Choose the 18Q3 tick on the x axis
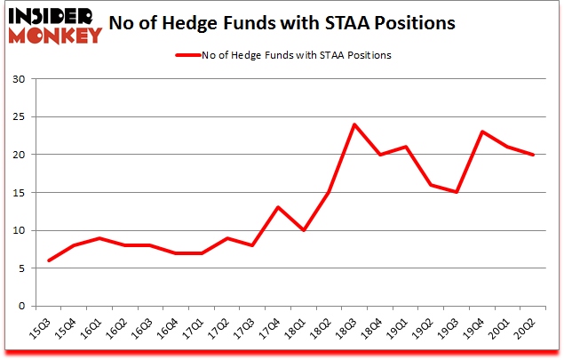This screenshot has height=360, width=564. [x=352, y=330]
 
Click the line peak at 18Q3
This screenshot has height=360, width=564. [x=354, y=124]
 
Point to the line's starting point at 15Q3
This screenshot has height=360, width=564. [x=48, y=260]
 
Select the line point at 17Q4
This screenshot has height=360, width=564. [x=278, y=207]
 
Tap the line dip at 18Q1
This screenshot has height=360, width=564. [x=304, y=230]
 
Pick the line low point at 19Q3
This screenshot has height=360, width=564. [x=457, y=192]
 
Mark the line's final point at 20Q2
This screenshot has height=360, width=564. [x=533, y=155]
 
